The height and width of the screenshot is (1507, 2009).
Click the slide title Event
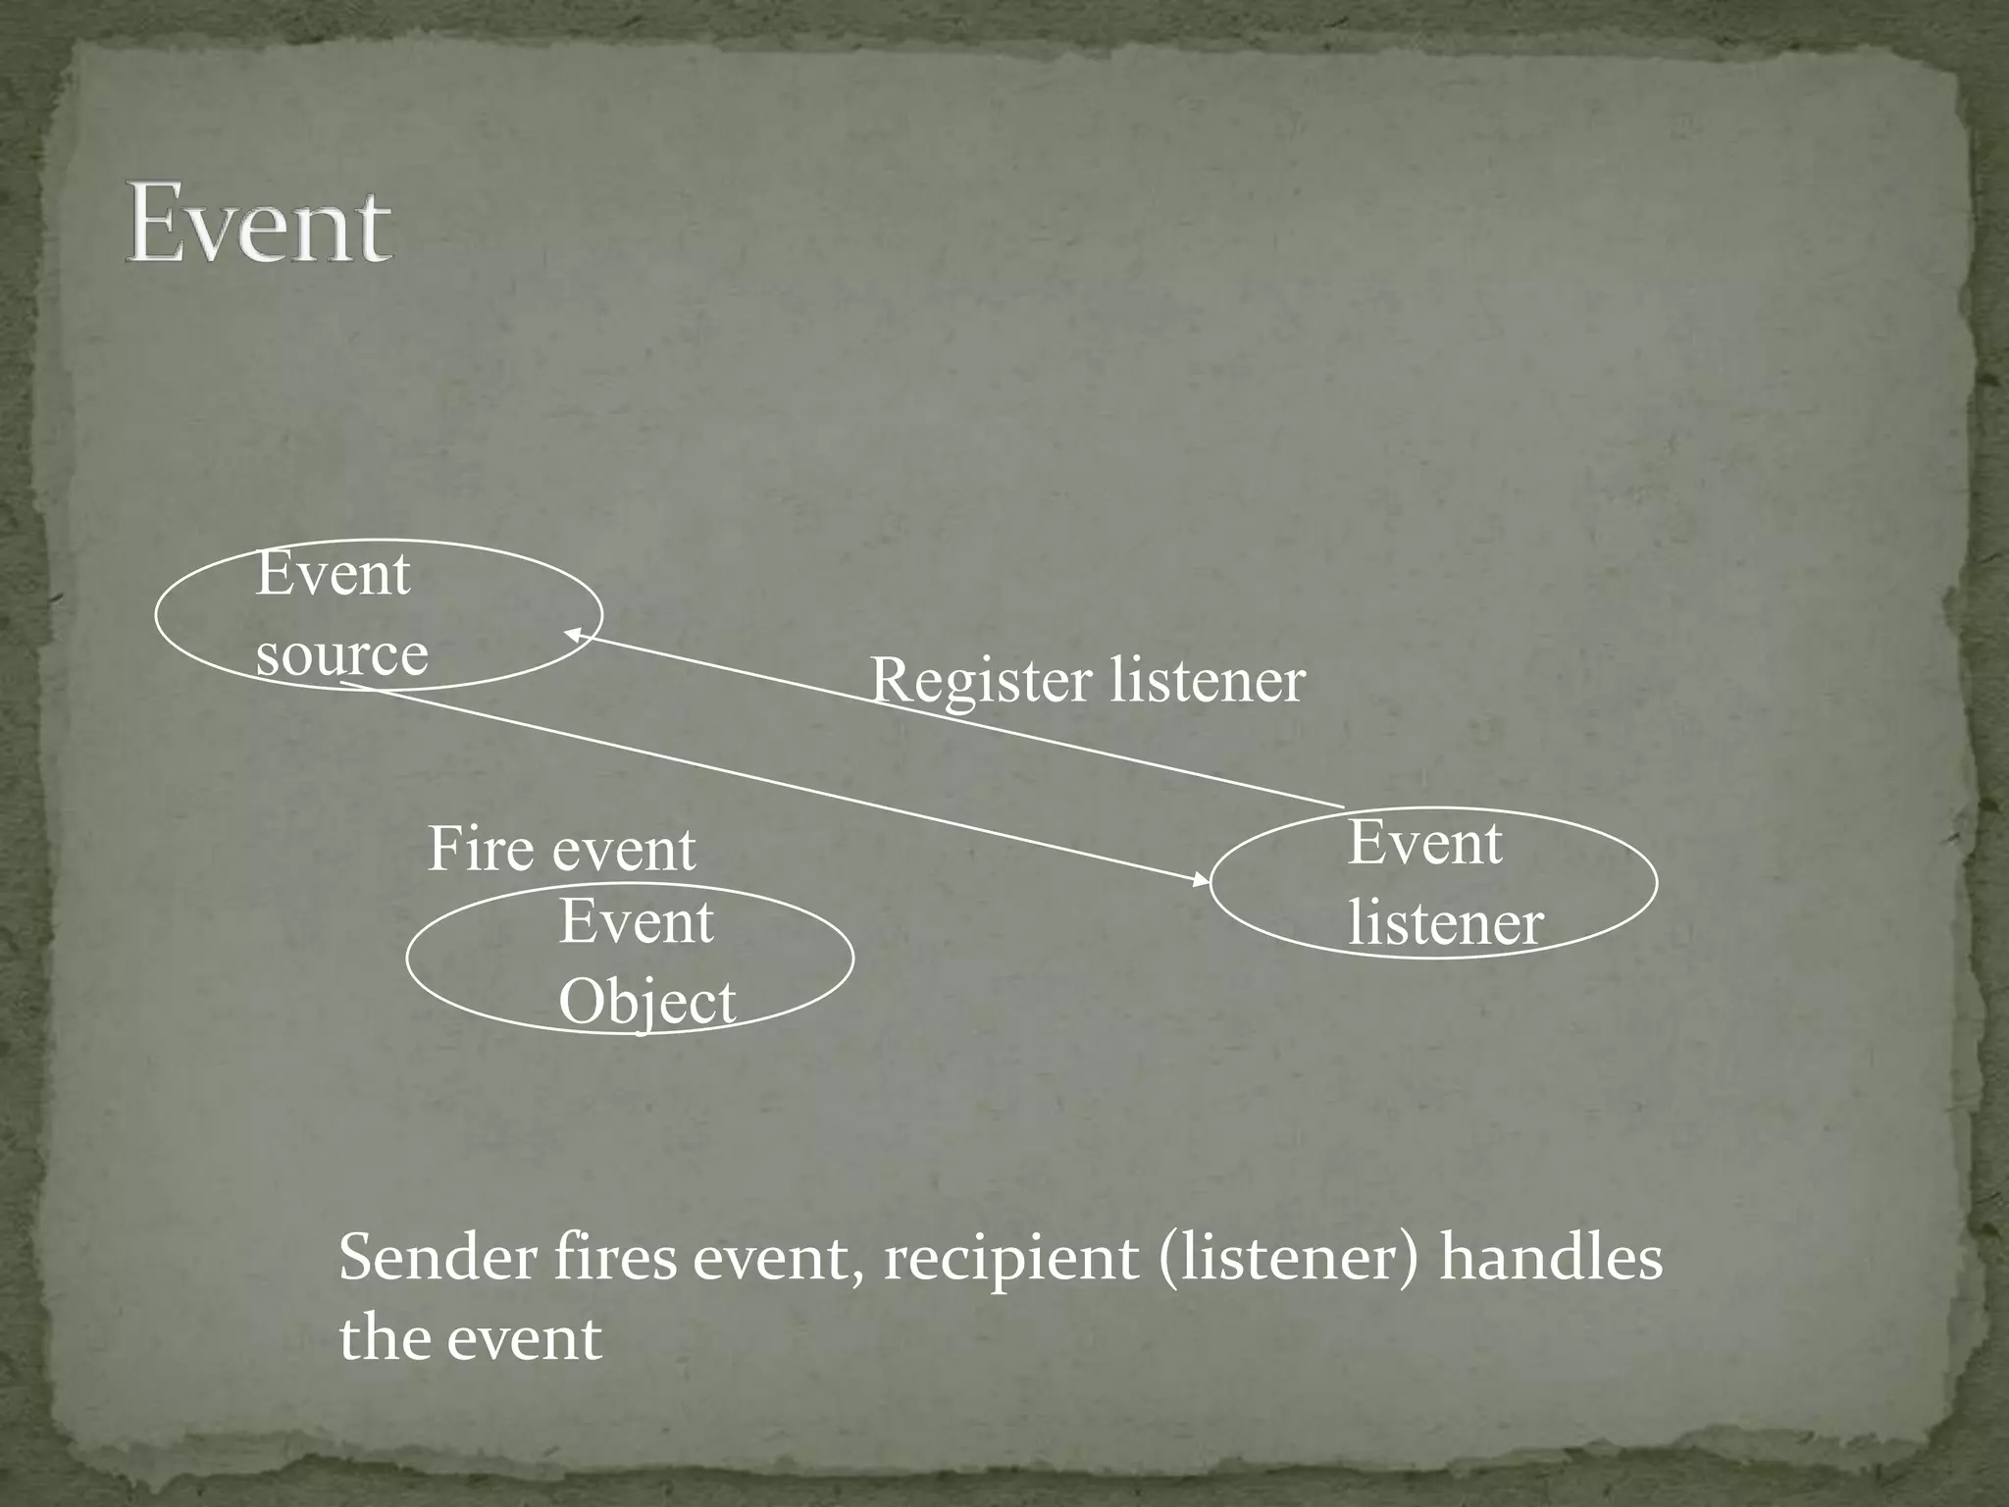259,226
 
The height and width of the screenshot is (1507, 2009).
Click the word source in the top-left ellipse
341,655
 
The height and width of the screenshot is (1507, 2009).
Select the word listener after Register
1209,680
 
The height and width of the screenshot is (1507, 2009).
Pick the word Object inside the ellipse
646,1003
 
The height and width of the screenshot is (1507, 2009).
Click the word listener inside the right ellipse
1445,924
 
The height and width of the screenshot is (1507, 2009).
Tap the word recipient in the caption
1011,1260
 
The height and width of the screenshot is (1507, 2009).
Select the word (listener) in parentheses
1288,1259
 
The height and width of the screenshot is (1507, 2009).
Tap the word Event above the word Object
636,922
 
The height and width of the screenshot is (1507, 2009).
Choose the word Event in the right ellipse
1424,843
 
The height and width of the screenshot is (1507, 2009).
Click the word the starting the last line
385,1338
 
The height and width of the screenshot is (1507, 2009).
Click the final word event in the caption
524,1339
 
